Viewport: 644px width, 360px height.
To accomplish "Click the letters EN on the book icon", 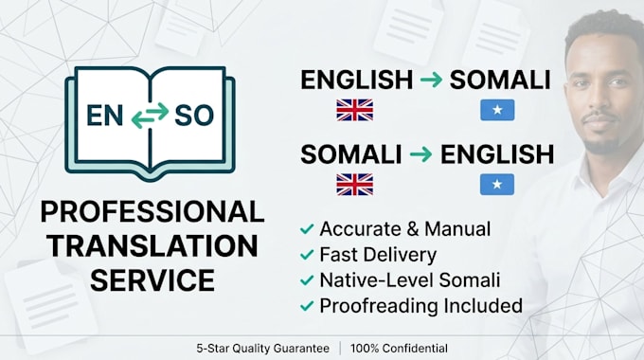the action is point(104,115).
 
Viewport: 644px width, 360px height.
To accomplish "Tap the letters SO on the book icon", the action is point(194,115).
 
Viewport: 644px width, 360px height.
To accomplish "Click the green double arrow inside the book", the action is point(150,116).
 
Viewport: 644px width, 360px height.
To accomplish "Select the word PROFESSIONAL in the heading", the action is point(152,212).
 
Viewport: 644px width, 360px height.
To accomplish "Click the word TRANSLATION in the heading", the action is point(152,246).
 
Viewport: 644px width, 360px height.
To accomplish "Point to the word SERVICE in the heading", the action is point(152,280).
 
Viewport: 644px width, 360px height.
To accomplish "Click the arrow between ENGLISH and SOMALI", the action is point(431,80).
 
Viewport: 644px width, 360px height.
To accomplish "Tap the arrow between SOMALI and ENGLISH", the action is point(421,154).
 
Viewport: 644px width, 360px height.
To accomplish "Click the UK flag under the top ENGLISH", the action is point(355,110).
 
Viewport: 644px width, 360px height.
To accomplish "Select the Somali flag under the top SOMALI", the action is point(497,110).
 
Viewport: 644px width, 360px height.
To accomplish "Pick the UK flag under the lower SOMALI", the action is point(355,185).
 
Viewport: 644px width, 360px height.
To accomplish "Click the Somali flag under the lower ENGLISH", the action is point(497,184).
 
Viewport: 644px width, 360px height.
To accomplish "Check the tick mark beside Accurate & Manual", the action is point(307,229).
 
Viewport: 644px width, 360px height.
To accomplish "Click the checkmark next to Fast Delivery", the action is point(307,255).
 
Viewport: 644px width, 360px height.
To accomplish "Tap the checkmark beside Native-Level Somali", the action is point(307,280).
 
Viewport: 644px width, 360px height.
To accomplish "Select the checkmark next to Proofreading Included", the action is point(307,306).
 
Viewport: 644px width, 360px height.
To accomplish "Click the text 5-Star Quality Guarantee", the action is point(263,349).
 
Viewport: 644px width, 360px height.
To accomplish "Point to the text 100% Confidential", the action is point(399,349).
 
